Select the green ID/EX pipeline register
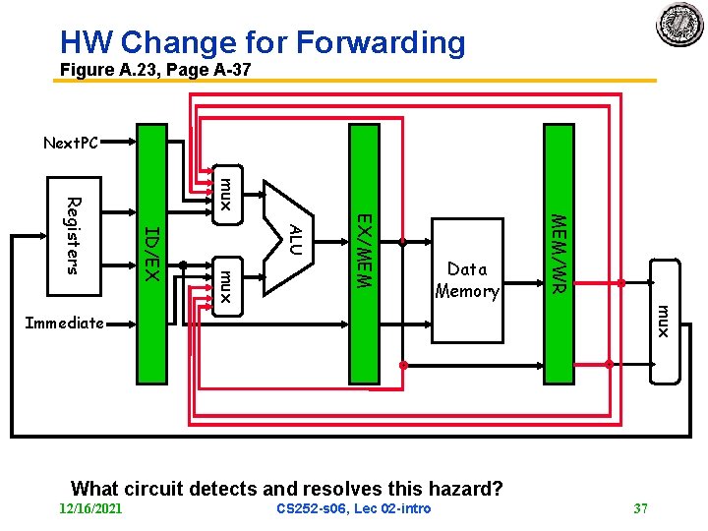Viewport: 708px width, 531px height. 151,253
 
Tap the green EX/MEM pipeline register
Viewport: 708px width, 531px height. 364,252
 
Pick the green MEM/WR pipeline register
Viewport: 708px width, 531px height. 558,253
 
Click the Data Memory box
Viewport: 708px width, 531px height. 467,279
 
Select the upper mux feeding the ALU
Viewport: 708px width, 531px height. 224,193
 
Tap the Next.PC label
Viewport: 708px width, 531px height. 71,144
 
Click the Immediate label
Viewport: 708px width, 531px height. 64,323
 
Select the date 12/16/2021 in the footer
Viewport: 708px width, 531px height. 90,508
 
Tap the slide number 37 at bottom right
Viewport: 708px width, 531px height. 640,508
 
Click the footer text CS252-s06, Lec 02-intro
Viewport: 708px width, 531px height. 353,508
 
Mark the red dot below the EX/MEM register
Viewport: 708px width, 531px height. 402,365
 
